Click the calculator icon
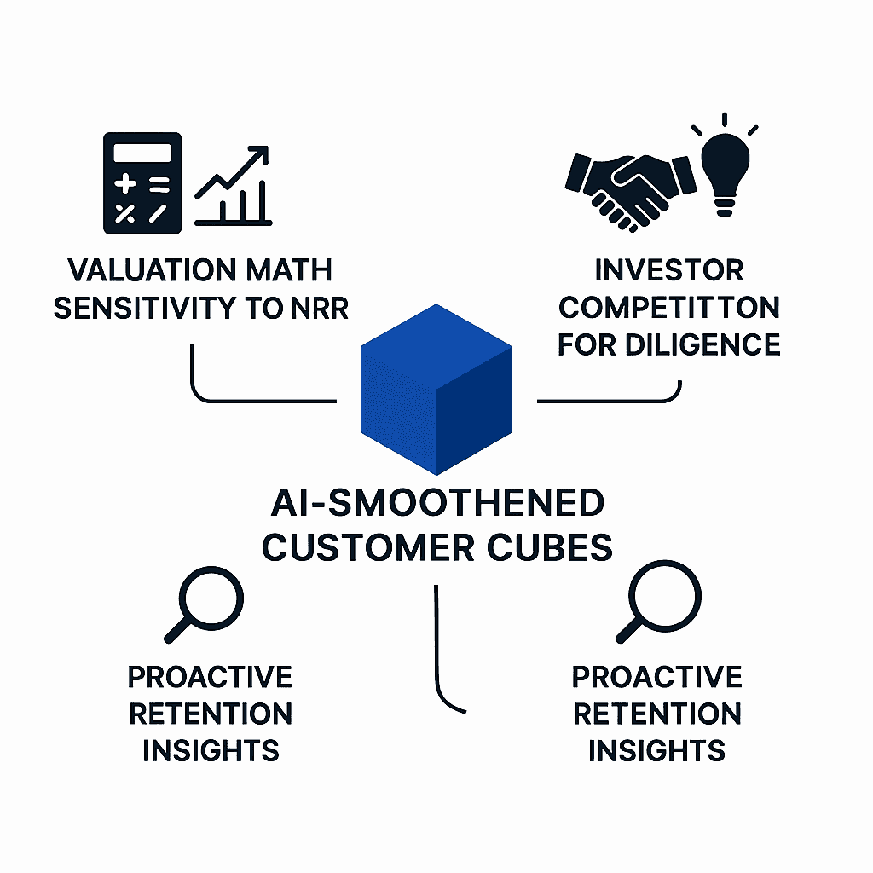point(142,183)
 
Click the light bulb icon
point(725,166)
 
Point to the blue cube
point(436,390)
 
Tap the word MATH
point(289,270)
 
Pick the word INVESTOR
point(669,270)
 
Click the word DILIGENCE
point(702,345)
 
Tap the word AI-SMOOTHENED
point(437,503)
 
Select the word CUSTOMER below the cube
point(368,547)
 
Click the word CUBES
point(550,547)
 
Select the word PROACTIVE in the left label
point(211,677)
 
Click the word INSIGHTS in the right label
point(657,751)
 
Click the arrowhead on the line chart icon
point(259,154)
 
